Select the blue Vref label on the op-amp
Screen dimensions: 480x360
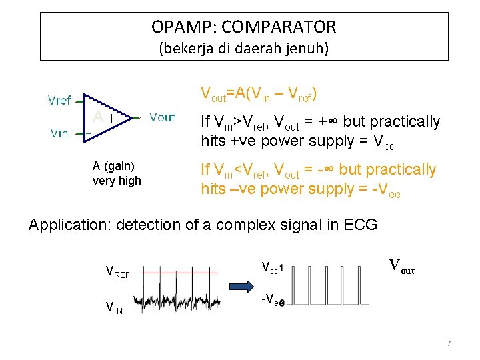[60, 101]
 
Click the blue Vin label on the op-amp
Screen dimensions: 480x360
[59, 133]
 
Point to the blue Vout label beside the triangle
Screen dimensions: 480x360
[162, 117]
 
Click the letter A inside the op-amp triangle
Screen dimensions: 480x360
[98, 117]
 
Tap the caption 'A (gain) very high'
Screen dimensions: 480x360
[117, 173]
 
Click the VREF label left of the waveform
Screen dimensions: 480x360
[117, 272]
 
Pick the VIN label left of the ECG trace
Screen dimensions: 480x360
[114, 307]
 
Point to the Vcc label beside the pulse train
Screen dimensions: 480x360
[269, 268]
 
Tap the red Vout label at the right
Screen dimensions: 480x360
[401, 267]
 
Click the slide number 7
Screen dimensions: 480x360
[449, 343]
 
